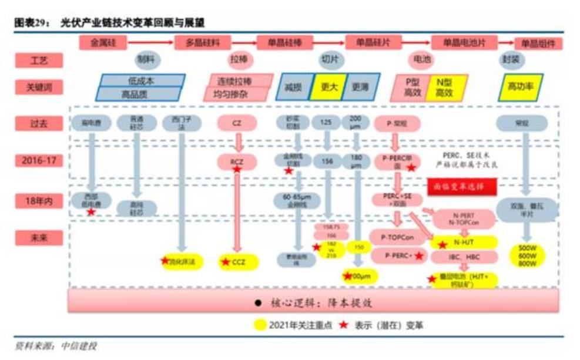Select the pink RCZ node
(x=237, y=162)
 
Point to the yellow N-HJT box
(x=464, y=243)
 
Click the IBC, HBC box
(x=464, y=257)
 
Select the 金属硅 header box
(x=103, y=43)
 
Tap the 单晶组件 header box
(x=538, y=43)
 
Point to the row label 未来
(x=38, y=238)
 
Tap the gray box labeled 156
(x=325, y=162)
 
